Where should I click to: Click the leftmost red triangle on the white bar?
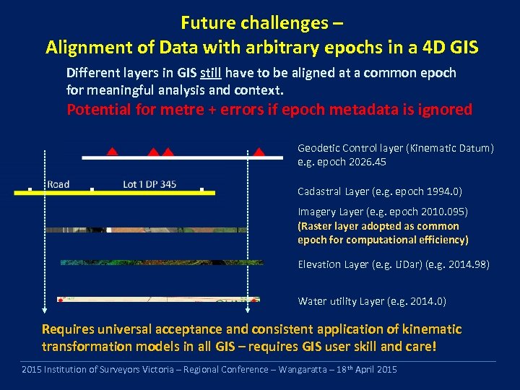click(x=112, y=152)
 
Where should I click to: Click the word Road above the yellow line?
click(x=58, y=184)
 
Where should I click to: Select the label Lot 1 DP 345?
click(x=149, y=184)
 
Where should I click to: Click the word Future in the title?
click(x=204, y=22)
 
